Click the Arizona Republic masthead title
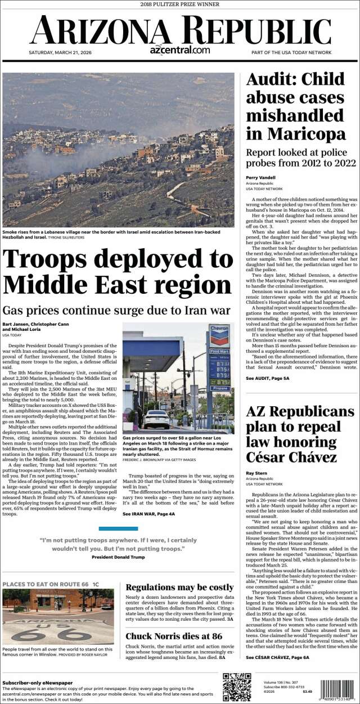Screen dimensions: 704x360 tap(180, 29)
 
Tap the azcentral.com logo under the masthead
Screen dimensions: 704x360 tap(180, 50)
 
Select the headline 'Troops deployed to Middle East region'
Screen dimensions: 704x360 tap(118, 271)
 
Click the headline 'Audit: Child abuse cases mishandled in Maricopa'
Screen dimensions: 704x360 tap(296, 106)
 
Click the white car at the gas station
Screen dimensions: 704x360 tap(156, 419)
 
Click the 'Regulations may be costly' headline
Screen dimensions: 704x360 tap(179, 588)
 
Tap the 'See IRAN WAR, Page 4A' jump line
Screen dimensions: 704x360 tap(149, 514)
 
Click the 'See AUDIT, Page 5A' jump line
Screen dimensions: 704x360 tap(268, 378)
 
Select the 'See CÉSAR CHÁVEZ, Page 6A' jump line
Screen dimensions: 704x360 tap(277, 657)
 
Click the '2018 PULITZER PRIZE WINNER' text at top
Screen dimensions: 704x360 tap(179, 4)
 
